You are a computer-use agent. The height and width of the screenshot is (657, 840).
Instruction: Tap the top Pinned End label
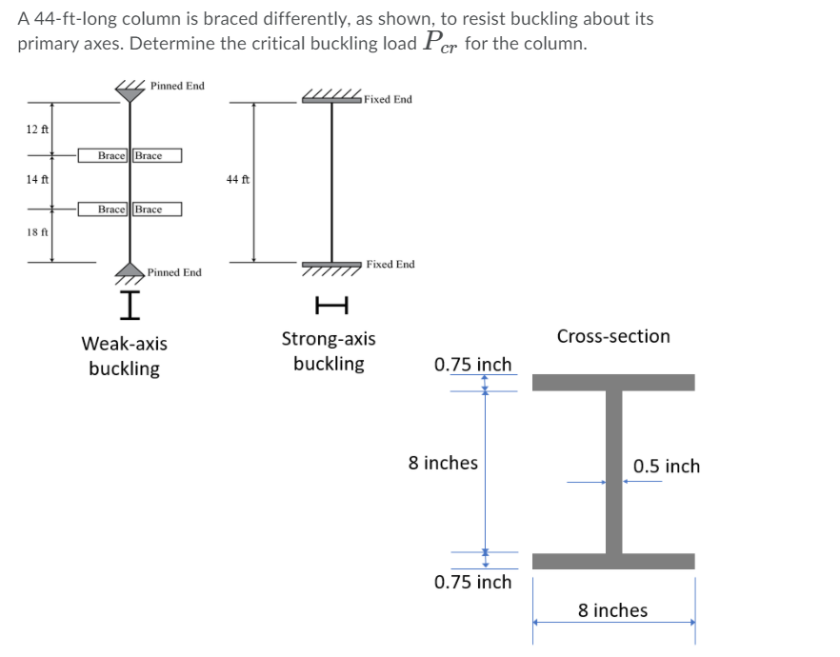pos(176,86)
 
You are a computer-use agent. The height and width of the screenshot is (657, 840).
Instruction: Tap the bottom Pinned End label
pos(174,272)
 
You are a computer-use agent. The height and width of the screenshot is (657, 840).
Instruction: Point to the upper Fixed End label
pos(388,99)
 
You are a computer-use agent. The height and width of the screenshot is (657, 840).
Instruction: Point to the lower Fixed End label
pos(390,264)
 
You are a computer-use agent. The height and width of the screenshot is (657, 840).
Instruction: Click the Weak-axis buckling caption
pos(124,355)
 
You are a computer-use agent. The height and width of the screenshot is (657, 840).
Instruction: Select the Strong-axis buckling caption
pos(329,351)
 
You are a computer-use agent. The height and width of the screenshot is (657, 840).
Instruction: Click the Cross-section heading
pos(613,336)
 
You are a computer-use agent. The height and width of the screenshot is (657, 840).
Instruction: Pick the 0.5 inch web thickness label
pos(667,466)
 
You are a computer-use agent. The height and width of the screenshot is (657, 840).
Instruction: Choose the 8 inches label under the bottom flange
pos(612,610)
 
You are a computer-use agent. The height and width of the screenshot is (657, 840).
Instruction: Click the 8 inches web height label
pos(443,463)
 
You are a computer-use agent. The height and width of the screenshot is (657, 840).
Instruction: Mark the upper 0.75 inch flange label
pos(472,365)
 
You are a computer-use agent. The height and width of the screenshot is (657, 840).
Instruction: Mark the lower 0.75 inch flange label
pos(472,582)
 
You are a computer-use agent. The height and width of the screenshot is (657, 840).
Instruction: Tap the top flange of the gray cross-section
pos(613,382)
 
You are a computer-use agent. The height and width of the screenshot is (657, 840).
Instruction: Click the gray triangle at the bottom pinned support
pos(130,269)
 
